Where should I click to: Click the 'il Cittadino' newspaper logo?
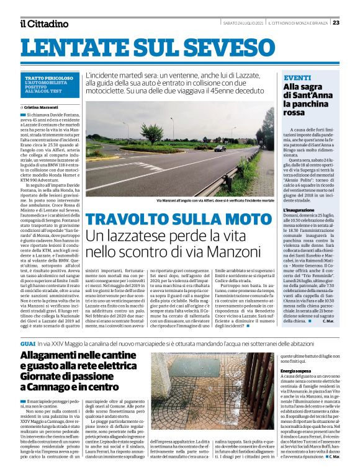(x=44, y=24)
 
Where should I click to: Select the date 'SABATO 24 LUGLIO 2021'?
(x=243, y=24)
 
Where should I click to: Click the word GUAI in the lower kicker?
(x=27, y=342)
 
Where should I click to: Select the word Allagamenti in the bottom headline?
(x=53, y=356)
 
